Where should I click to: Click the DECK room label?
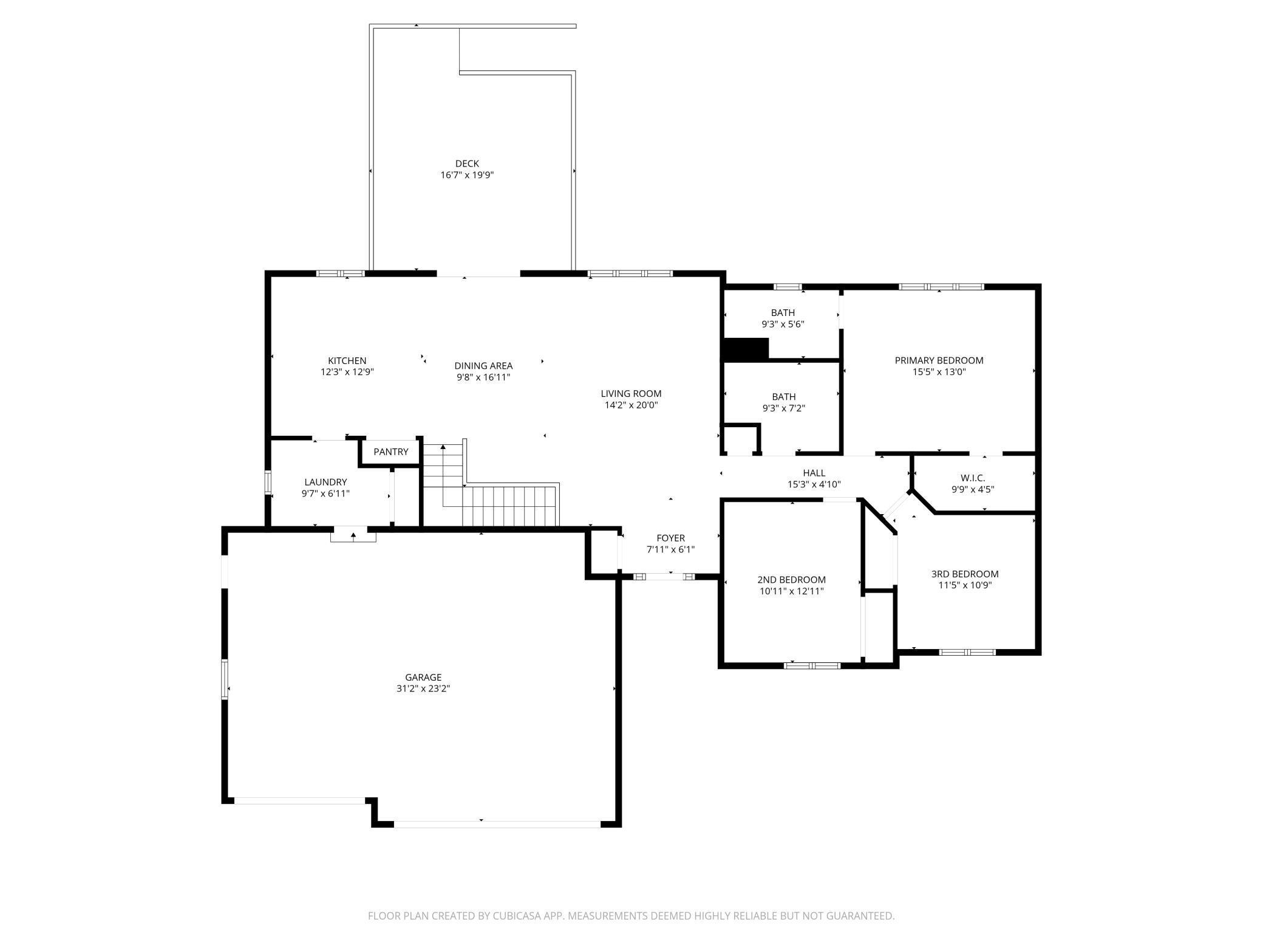tap(467, 163)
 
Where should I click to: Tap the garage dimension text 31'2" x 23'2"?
tap(423, 689)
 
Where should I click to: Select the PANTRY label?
tap(391, 452)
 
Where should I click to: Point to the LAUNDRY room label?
tap(325, 482)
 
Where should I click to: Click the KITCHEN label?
tap(347, 360)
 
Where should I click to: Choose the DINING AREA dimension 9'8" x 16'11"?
tap(483, 377)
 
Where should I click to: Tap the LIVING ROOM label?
tap(631, 393)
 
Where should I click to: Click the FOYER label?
tap(670, 538)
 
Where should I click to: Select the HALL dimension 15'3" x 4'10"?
tap(814, 484)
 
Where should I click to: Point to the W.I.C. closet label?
tap(973, 478)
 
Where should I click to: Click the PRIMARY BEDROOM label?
tap(939, 360)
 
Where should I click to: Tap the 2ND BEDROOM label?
tap(791, 579)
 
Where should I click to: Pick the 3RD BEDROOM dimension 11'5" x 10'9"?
tap(965, 585)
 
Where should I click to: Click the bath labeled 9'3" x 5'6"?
tap(783, 318)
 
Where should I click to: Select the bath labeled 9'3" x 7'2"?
tap(783, 402)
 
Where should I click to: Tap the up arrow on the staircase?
tap(443, 448)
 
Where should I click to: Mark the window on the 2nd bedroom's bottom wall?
tap(812, 665)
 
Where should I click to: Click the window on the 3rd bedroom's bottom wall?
tap(967, 652)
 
